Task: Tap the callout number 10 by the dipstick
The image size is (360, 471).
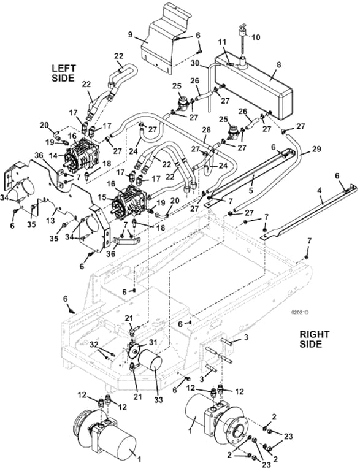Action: [256, 37]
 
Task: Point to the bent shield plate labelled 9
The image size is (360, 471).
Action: [164, 36]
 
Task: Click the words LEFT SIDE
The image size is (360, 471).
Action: [63, 73]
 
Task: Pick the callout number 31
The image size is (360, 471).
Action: [153, 342]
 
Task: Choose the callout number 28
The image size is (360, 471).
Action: [206, 131]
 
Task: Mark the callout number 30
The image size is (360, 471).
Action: [194, 63]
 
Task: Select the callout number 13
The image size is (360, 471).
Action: [53, 220]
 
